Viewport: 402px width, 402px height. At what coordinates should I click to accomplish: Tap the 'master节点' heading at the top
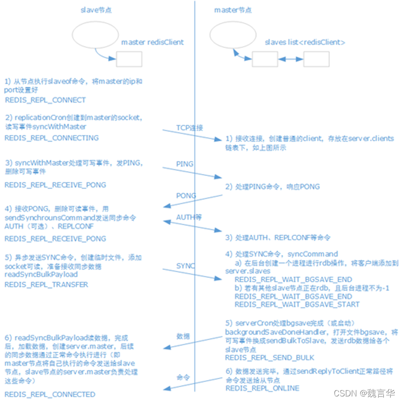click(232, 10)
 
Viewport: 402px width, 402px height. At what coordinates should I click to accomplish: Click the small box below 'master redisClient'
click(129, 59)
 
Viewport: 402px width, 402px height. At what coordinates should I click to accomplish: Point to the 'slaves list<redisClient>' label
click(305, 42)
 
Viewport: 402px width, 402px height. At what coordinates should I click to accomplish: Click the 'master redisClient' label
click(152, 42)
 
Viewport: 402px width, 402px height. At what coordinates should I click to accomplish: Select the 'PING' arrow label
click(185, 164)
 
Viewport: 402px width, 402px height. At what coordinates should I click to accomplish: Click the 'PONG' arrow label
click(185, 196)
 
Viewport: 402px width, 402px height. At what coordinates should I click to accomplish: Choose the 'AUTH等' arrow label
click(188, 217)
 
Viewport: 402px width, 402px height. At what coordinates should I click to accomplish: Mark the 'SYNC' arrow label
click(185, 266)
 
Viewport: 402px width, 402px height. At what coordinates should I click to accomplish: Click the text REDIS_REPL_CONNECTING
click(52, 138)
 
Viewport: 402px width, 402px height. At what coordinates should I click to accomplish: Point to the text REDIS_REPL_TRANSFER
click(46, 284)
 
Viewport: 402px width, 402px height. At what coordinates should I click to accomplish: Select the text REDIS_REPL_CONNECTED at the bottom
click(50, 394)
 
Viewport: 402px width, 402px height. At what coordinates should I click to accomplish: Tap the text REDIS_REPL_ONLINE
click(262, 388)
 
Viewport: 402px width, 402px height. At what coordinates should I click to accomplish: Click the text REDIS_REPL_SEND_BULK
click(270, 358)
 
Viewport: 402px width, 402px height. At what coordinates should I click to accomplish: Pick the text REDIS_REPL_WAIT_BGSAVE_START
click(297, 304)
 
